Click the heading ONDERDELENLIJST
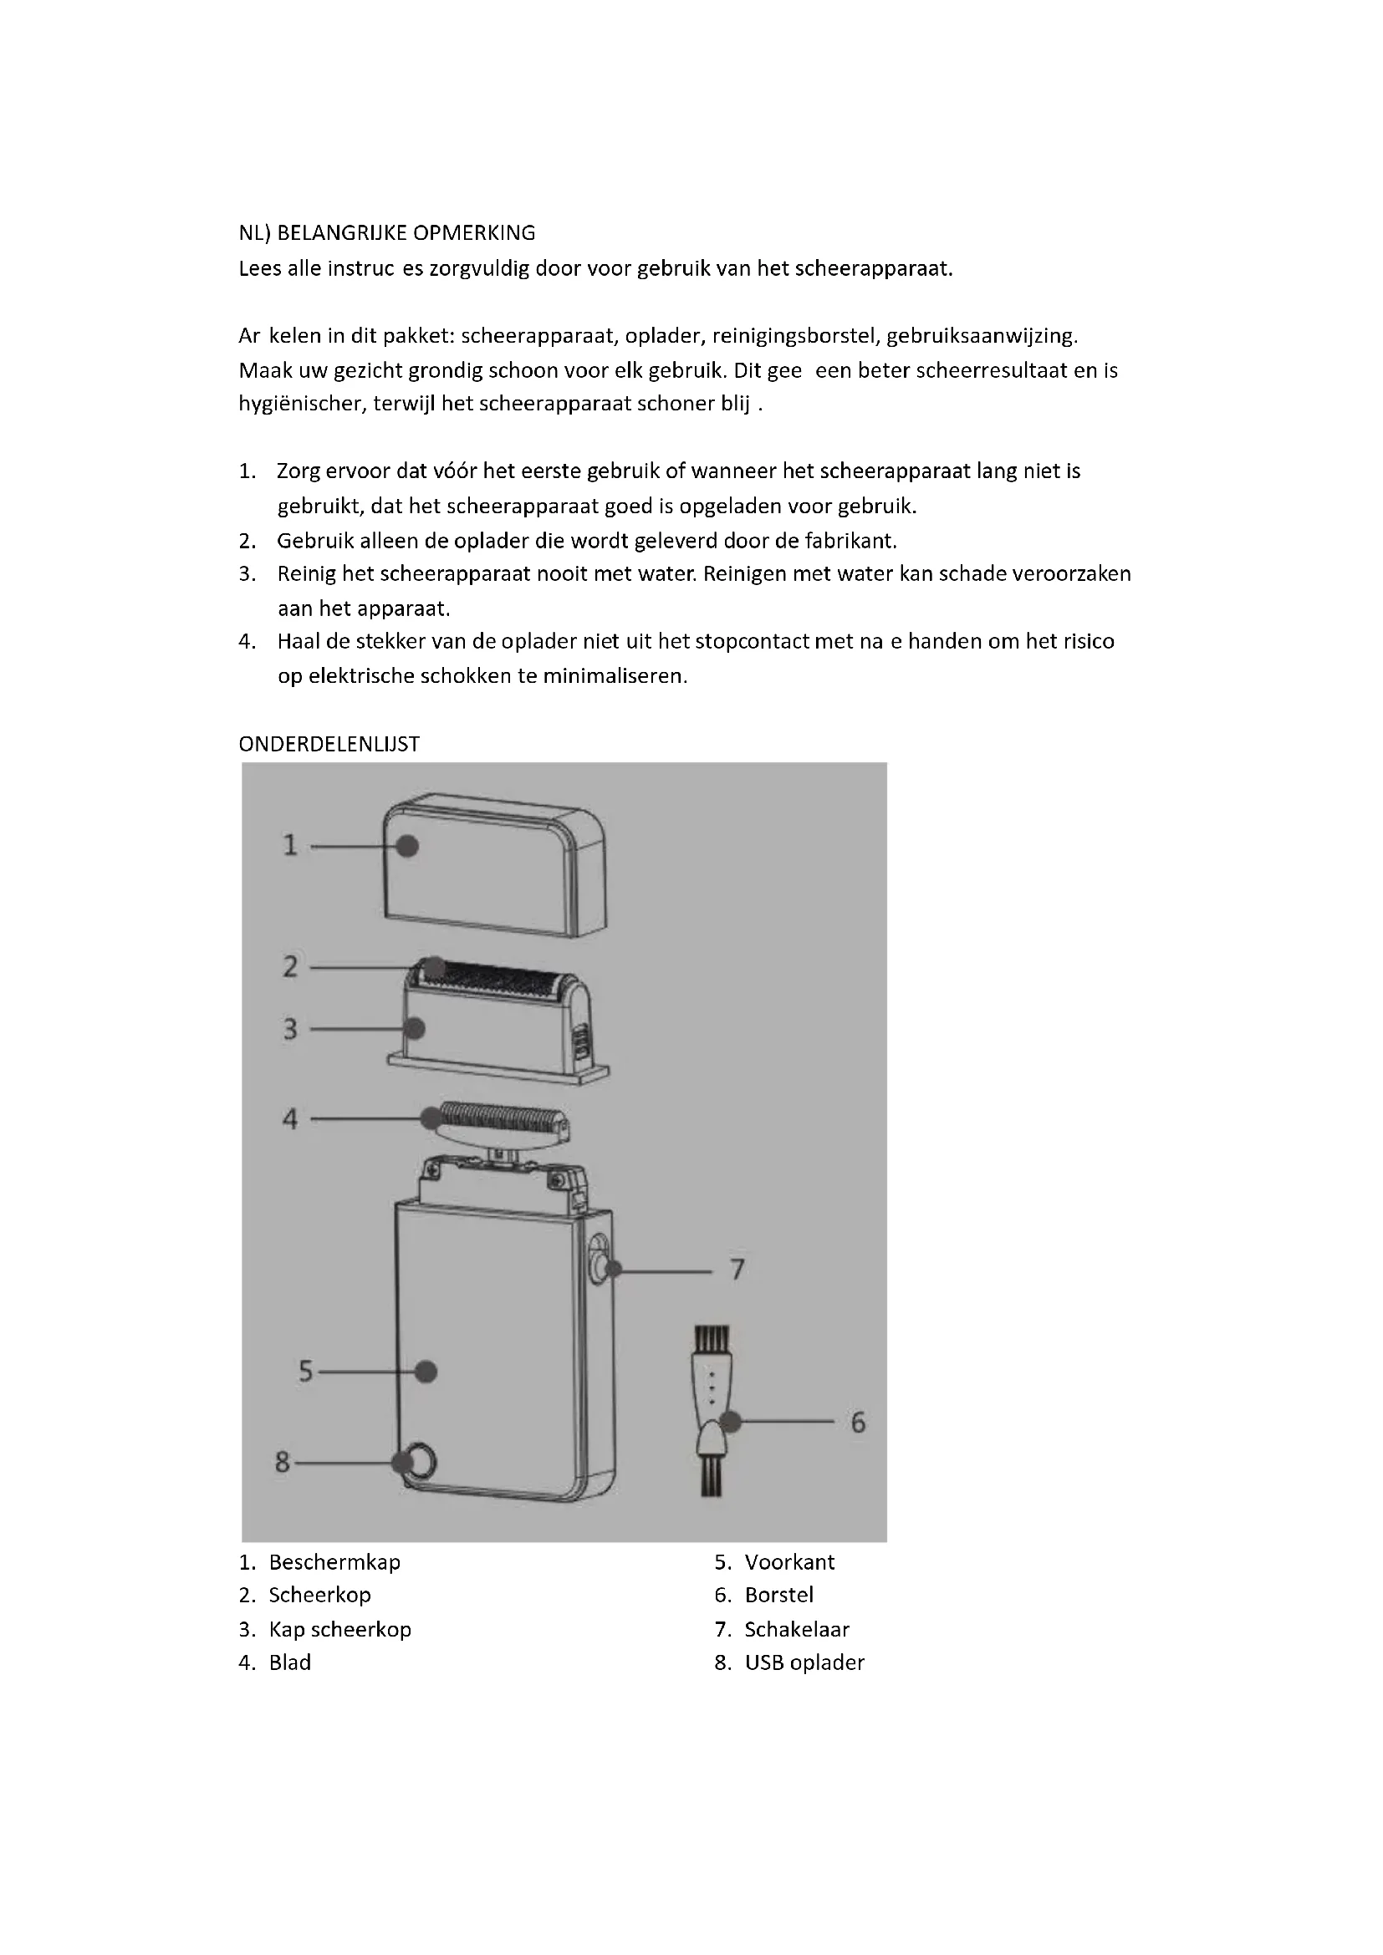click(x=329, y=744)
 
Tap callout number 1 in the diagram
click(x=290, y=846)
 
